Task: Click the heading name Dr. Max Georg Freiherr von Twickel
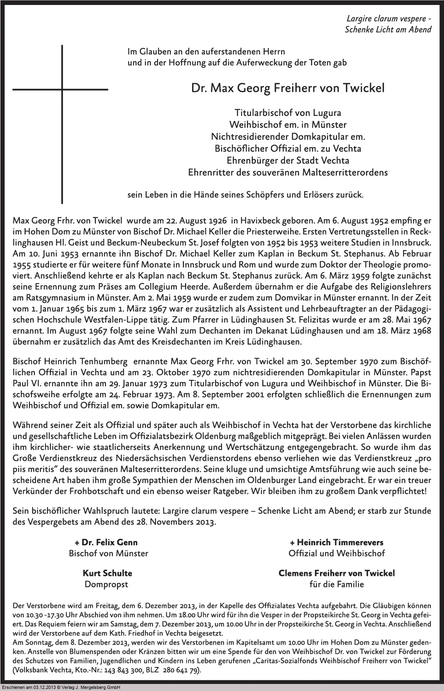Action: [x=288, y=88]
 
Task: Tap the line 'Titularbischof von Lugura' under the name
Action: [x=288, y=113]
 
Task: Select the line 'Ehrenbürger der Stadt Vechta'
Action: [x=288, y=161]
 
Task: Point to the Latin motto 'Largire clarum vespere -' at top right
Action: [x=389, y=19]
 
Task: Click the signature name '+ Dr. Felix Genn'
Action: [x=106, y=542]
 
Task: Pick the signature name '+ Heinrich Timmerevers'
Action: [x=337, y=542]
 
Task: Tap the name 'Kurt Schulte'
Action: [x=107, y=573]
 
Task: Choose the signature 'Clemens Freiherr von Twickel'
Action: [x=337, y=573]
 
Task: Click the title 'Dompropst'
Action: [x=106, y=585]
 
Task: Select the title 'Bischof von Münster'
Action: [x=108, y=554]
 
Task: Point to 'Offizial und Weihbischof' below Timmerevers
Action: [x=337, y=554]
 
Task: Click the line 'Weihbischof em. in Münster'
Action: [x=288, y=125]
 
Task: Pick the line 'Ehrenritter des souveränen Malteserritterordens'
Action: [x=288, y=173]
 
